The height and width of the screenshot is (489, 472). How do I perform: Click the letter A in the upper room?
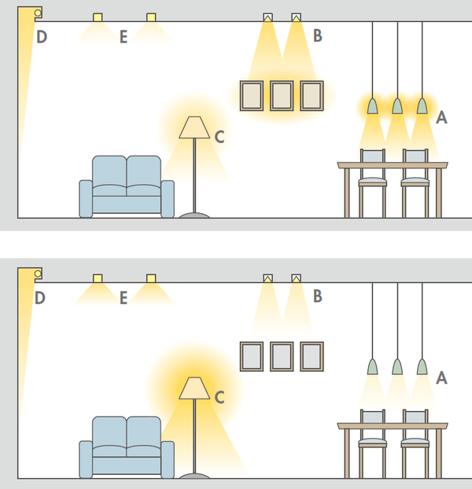click(441, 118)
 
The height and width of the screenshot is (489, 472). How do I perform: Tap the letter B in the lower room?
click(318, 296)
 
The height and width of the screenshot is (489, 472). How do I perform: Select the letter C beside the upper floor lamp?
click(219, 137)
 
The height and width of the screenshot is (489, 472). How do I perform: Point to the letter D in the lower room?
click(40, 298)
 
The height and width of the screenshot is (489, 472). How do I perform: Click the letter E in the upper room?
click(124, 37)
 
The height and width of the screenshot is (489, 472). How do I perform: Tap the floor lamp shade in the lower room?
click(194, 388)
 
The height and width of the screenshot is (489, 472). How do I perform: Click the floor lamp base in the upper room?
click(194, 215)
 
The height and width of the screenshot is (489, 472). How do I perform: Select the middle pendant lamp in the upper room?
click(397, 106)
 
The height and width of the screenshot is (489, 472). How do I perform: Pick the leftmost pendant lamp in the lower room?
click(372, 366)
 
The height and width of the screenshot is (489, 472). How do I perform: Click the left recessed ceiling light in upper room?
click(98, 17)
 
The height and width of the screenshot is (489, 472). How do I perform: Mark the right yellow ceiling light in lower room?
click(151, 278)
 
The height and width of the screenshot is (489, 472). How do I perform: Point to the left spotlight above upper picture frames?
click(267, 17)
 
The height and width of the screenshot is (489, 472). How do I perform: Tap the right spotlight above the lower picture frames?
click(296, 278)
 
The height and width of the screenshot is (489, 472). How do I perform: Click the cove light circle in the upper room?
click(38, 13)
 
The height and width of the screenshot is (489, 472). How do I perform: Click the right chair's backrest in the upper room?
click(415, 156)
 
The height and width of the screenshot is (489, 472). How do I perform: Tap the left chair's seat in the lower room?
click(372, 442)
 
